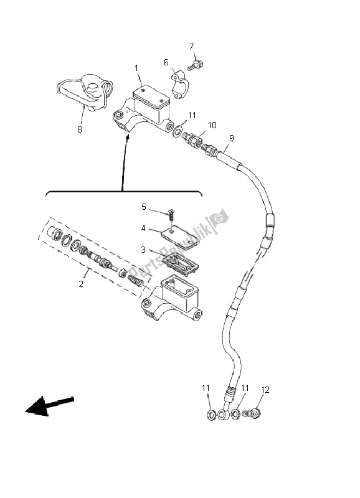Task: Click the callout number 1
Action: [x=135, y=67]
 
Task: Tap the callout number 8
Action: [x=80, y=129]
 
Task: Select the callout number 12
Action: [x=265, y=390]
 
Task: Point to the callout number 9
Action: [x=232, y=138]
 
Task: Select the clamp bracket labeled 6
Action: [x=179, y=85]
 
